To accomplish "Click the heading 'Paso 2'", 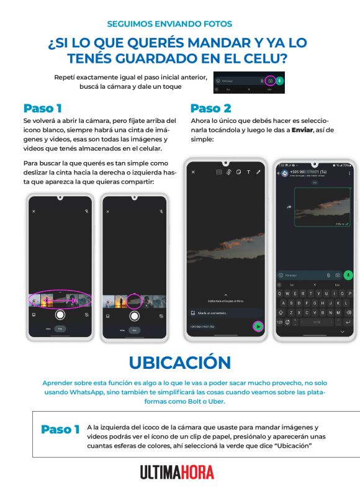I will tap(210, 108).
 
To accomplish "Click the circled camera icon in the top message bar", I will tap(270, 81).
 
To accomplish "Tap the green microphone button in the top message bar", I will tap(280, 81).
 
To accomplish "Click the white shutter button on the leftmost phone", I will tap(60, 315).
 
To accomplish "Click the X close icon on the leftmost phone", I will tap(34, 212).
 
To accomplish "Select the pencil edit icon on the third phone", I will tap(259, 171).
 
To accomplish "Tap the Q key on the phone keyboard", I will tap(280, 294).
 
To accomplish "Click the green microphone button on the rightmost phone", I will tap(348, 274).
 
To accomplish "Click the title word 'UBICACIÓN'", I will tap(179, 362).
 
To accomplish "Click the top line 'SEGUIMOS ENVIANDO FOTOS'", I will tap(169, 24).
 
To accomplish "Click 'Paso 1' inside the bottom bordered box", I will tap(60, 429).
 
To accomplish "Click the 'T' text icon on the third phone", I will tap(248, 171).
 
